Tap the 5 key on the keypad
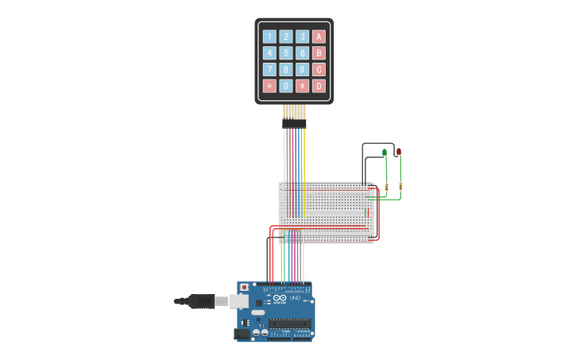(x=286, y=53)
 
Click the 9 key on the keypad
(x=302, y=69)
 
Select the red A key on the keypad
(x=319, y=37)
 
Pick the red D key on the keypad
(x=319, y=86)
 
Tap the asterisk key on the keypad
(x=269, y=86)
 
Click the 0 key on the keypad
(x=286, y=86)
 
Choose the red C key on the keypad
(x=319, y=69)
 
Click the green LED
(x=385, y=152)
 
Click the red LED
(x=399, y=151)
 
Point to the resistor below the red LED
(x=400, y=187)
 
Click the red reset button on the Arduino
(x=243, y=288)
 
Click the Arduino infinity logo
(x=278, y=298)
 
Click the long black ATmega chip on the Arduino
(x=289, y=323)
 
